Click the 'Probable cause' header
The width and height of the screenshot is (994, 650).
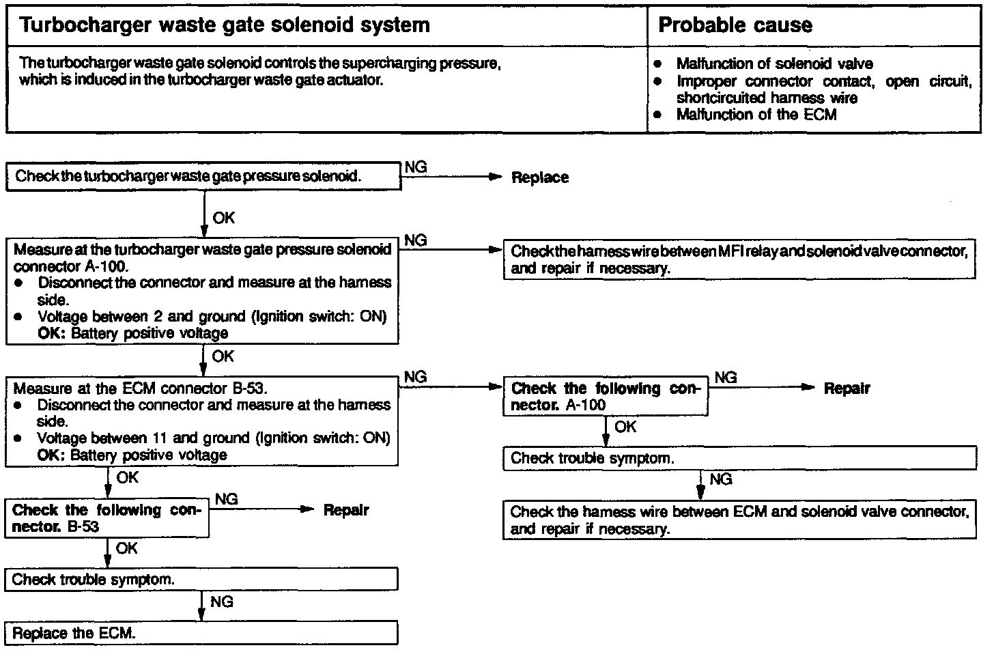[735, 26]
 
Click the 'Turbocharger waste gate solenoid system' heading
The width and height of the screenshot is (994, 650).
[226, 26]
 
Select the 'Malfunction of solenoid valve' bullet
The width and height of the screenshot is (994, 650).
[774, 64]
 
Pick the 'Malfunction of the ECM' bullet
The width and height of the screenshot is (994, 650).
[756, 115]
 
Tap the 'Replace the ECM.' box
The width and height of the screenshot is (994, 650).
[201, 633]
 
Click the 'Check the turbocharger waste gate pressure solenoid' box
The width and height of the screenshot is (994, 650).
[203, 176]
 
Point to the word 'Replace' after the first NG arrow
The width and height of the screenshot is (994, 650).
[539, 178]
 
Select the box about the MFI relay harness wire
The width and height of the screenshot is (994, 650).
[739, 259]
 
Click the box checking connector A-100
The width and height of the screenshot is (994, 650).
[605, 397]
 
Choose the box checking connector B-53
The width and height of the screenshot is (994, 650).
[106, 518]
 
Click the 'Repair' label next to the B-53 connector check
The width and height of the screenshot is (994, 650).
[345, 510]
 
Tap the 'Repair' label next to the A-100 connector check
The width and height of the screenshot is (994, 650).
[847, 388]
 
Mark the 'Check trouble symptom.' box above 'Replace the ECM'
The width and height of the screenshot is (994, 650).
[201, 580]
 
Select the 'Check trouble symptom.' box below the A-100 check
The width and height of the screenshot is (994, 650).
[739, 458]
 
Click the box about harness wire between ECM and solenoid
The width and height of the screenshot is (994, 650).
[739, 520]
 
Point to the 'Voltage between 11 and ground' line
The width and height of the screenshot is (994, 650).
[213, 438]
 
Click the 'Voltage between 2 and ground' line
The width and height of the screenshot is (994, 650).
[212, 317]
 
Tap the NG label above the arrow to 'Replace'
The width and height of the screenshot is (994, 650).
[416, 167]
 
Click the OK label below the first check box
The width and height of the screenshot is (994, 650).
[223, 218]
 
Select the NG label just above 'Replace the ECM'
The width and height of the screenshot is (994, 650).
[221, 602]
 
